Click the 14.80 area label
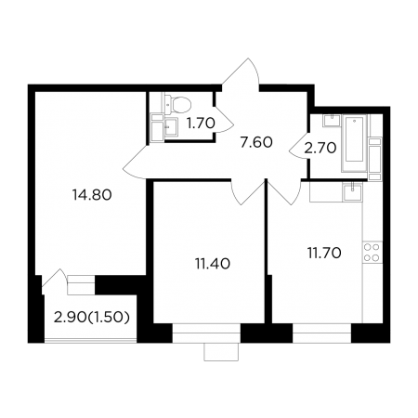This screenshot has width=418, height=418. point(92,195)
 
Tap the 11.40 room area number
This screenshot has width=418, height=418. point(213,264)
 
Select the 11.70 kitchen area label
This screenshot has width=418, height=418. point(324,254)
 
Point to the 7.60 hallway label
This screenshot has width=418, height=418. point(256,142)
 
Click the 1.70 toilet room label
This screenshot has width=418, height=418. point(201,124)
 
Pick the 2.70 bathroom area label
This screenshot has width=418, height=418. point(320,149)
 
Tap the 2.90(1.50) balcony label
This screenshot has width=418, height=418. point(92,318)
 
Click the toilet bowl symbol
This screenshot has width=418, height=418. point(178,104)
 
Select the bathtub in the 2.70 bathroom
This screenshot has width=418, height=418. point(355,143)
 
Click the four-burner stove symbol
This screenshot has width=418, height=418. point(372,252)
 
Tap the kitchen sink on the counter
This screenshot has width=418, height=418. point(352,191)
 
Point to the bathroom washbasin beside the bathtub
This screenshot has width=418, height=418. point(332,121)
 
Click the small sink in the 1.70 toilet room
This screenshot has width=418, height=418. point(171,127)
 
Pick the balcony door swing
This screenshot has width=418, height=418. point(55,281)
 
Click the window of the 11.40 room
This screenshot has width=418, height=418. point(206,333)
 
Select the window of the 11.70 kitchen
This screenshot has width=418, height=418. point(321,333)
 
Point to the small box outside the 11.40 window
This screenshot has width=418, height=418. point(221,352)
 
